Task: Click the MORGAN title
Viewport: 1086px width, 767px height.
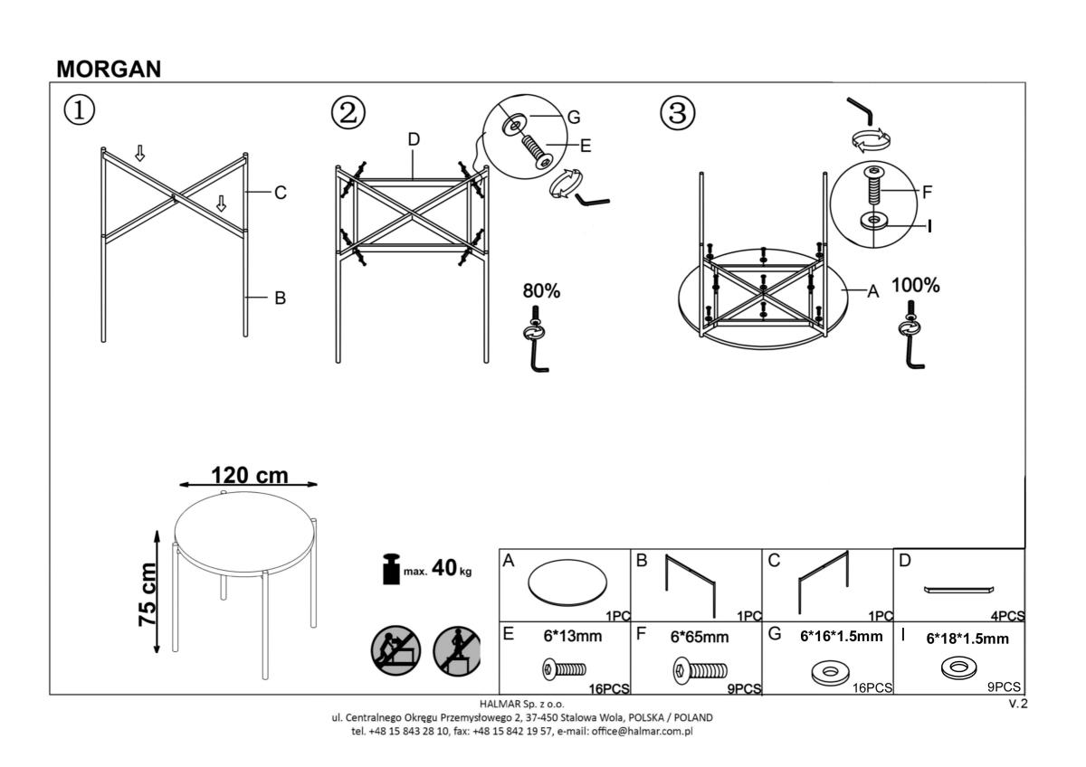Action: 109,69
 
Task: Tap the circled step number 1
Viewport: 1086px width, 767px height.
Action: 79,111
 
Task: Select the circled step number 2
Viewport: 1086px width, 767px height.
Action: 348,113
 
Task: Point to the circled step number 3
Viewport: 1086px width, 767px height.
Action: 678,113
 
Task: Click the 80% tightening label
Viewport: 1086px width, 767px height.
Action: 541,291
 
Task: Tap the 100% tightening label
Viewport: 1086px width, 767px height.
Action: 915,286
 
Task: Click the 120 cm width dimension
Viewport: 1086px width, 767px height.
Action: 249,475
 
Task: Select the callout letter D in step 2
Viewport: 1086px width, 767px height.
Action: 414,139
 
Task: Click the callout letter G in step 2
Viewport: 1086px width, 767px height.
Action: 573,118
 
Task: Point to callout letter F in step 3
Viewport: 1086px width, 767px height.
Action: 927,192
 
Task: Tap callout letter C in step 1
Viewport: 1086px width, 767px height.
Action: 280,193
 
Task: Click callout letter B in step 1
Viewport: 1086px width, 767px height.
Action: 280,298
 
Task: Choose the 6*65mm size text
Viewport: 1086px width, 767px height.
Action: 699,637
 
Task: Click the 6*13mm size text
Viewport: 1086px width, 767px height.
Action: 572,636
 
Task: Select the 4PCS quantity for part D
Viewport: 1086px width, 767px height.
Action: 1007,616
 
